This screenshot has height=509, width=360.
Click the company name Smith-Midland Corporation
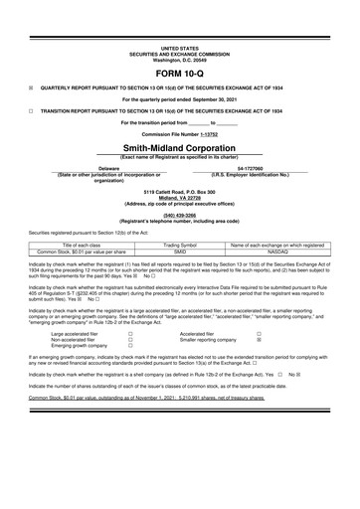(180, 145)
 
